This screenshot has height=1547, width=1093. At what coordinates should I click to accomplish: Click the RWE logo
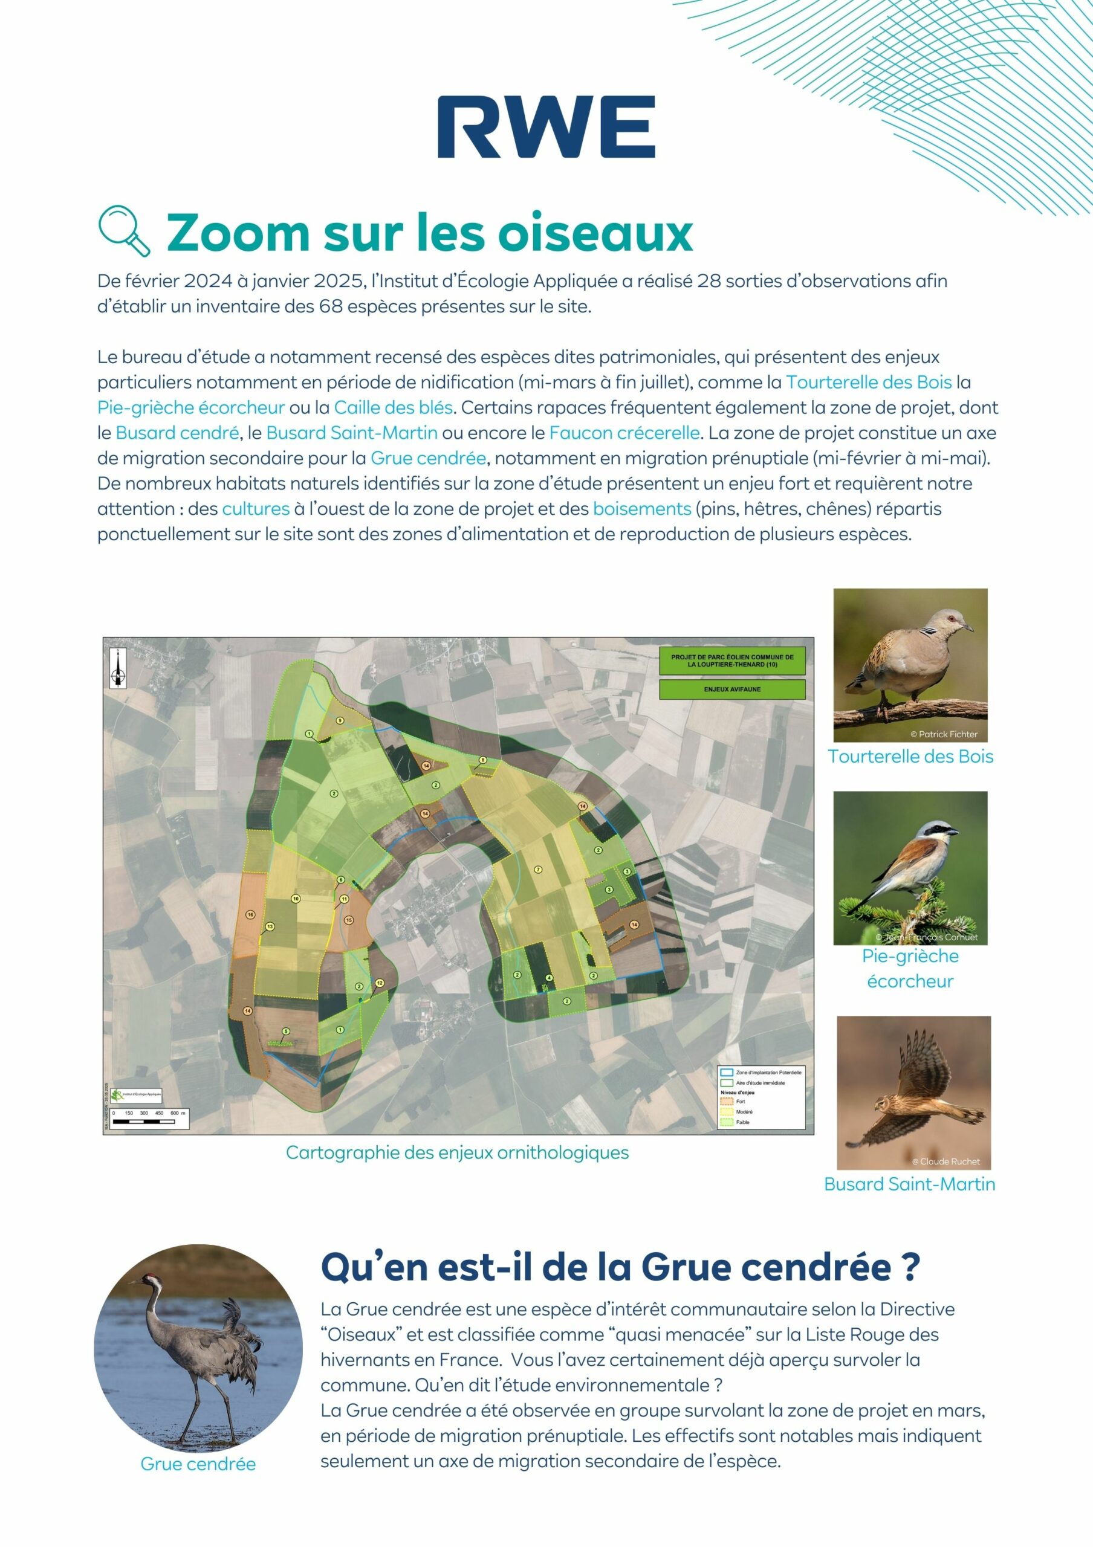click(x=546, y=127)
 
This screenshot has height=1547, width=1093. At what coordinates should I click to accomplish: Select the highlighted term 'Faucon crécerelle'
click(x=624, y=433)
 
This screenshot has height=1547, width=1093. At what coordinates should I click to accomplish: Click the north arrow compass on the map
click(x=118, y=669)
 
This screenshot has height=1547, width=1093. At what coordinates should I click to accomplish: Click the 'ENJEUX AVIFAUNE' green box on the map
click(x=732, y=690)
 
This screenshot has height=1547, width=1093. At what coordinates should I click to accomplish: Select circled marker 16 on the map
click(x=250, y=914)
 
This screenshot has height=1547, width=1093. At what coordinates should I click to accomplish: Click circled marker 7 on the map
click(x=538, y=869)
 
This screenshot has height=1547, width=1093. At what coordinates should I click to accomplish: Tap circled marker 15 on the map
click(x=348, y=920)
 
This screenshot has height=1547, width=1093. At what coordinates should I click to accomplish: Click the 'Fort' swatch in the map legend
click(x=726, y=1101)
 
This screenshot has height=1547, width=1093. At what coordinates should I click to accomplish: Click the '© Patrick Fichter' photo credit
click(x=944, y=734)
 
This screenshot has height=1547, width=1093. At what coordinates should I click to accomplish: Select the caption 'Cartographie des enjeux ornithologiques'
click(x=457, y=1152)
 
